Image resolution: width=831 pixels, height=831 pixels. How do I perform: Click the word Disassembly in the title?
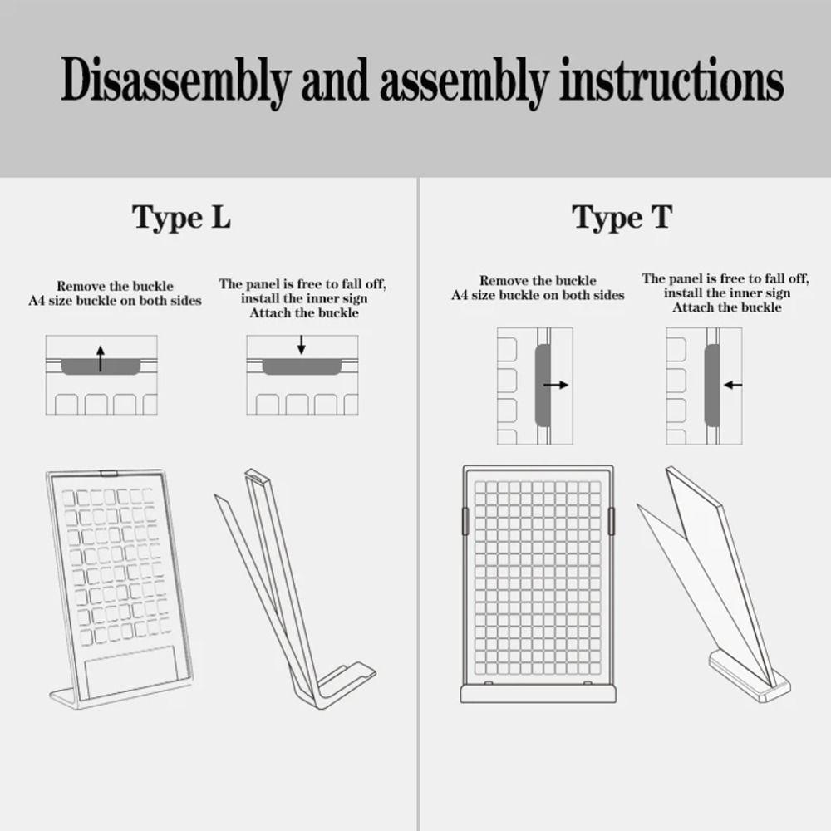click(176, 81)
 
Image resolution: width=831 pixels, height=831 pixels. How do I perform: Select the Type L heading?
click(182, 218)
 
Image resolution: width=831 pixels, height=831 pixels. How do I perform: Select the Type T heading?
click(622, 218)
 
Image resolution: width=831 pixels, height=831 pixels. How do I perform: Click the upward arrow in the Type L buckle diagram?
click(101, 358)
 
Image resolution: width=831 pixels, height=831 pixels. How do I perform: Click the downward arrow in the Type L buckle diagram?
click(302, 345)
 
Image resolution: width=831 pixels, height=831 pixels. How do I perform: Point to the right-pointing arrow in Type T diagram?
click(556, 385)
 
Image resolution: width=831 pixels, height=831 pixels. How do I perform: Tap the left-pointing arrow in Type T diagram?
click(733, 385)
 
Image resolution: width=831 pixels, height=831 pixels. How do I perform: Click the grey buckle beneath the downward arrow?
click(302, 366)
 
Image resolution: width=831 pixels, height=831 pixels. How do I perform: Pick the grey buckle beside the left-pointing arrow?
click(712, 386)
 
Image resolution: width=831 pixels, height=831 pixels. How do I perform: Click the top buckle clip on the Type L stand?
click(109, 472)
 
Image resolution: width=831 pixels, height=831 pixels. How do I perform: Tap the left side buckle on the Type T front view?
click(466, 521)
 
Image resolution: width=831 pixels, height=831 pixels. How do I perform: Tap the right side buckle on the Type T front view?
click(611, 521)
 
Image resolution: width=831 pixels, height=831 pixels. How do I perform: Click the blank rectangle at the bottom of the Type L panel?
click(131, 671)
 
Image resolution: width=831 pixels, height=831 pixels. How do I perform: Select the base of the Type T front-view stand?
click(538, 693)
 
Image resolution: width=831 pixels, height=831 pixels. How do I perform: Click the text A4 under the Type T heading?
click(460, 295)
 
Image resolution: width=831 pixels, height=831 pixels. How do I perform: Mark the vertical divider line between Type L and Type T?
click(418, 504)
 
